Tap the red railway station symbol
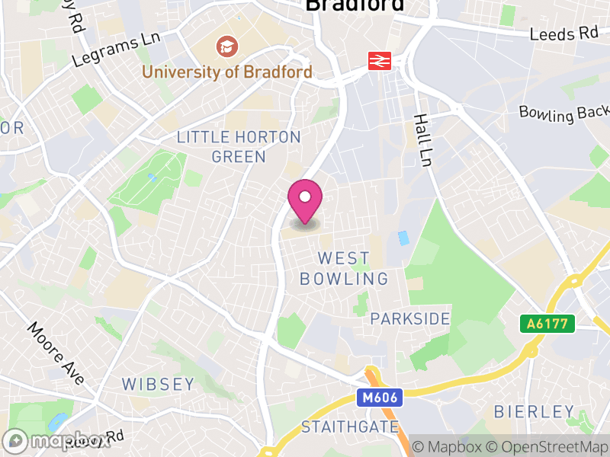click(x=380, y=60)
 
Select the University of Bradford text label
click(x=227, y=72)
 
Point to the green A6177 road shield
click(x=547, y=324)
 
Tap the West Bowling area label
click(x=344, y=269)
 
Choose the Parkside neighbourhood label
click(x=410, y=318)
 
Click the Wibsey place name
click(x=158, y=384)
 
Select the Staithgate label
click(x=350, y=427)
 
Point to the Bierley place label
click(x=534, y=412)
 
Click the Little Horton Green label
click(x=239, y=147)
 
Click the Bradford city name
click(x=354, y=6)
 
